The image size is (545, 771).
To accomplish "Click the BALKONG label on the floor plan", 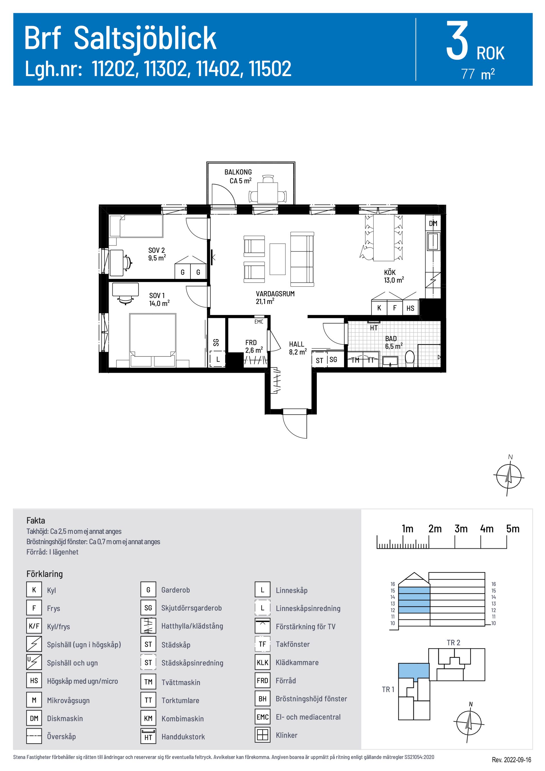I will (238, 172).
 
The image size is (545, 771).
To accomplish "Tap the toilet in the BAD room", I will (409, 357).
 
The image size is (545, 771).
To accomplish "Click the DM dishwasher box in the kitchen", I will (433, 223).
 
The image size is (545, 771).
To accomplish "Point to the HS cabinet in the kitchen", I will (410, 308).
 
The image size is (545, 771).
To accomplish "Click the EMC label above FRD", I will (259, 322).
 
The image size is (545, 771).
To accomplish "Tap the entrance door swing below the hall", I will (295, 425).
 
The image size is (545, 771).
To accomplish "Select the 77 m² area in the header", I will (477, 74).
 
